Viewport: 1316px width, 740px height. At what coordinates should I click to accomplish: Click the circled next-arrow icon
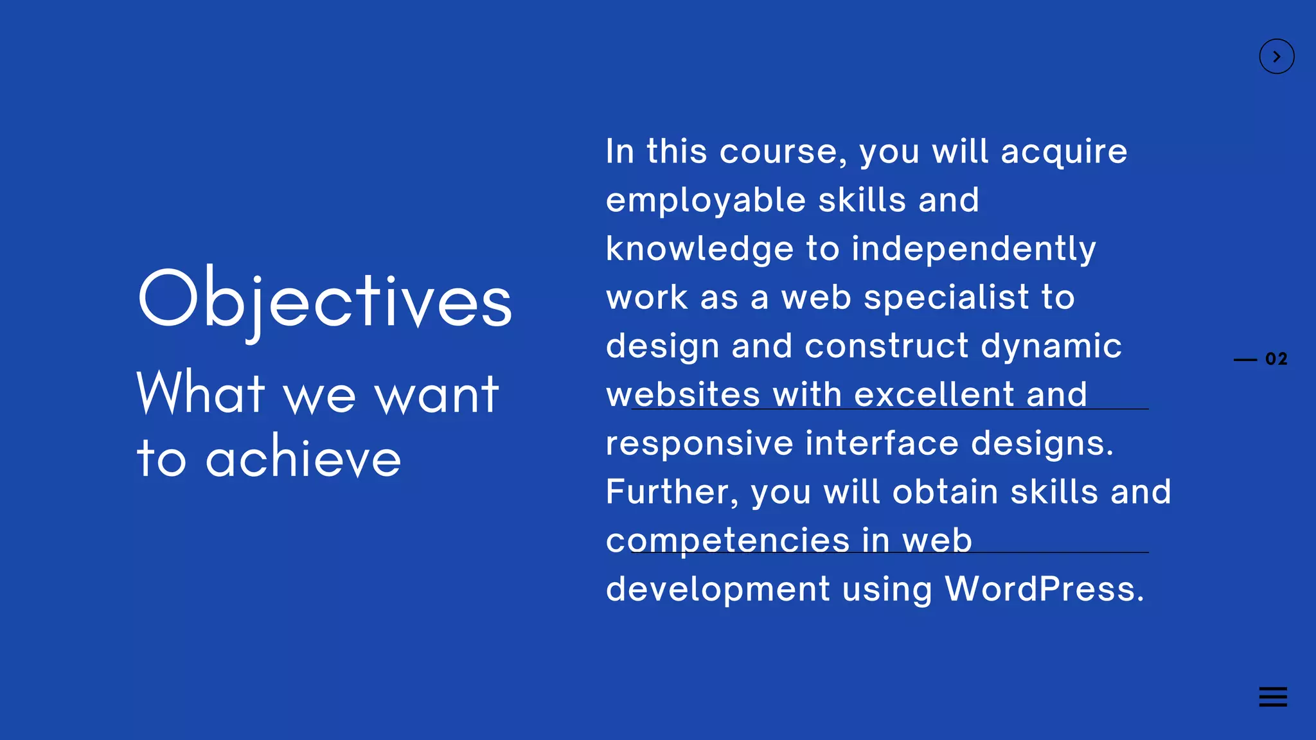(x=1276, y=57)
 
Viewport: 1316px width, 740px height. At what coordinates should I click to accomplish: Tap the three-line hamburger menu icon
(x=1272, y=696)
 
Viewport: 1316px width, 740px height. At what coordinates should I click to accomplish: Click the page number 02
(x=1276, y=359)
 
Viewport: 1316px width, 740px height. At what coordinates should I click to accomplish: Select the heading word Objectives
(x=325, y=300)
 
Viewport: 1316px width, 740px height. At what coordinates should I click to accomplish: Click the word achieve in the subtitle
(x=303, y=458)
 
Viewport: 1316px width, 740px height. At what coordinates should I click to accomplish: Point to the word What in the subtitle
(x=201, y=392)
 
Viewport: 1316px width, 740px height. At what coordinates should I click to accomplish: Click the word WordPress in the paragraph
(x=1044, y=588)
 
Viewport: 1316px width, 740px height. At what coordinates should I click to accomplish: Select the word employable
(x=706, y=201)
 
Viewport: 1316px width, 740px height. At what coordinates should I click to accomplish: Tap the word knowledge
(x=700, y=250)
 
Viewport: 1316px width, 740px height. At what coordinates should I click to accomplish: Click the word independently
(x=974, y=250)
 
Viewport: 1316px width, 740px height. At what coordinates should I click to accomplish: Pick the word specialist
(x=947, y=298)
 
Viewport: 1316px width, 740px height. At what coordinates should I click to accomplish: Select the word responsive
(x=699, y=444)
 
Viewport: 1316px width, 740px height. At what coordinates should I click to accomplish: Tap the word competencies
(x=727, y=540)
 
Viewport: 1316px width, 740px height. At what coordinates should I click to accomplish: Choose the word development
(x=718, y=590)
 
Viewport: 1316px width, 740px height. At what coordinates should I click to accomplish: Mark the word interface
(x=882, y=443)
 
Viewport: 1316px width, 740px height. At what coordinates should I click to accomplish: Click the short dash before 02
(x=1245, y=360)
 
